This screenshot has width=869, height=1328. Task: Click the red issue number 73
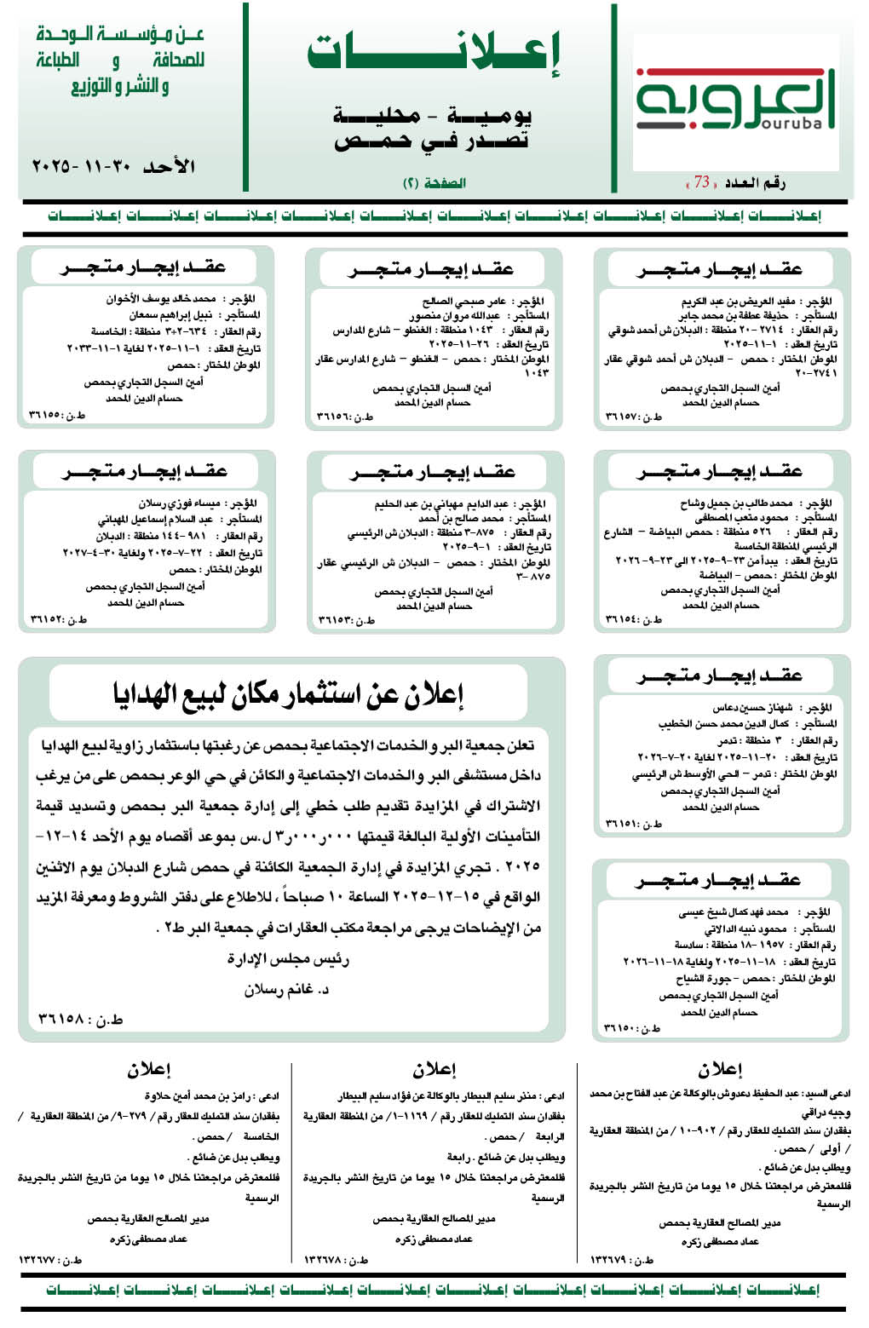coord(702,182)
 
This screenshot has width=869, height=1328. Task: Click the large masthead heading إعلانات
coord(434,53)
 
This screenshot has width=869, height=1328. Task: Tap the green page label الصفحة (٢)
coord(434,183)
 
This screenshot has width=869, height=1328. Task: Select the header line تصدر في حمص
coord(431,141)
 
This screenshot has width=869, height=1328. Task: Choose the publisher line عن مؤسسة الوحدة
coord(120,35)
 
